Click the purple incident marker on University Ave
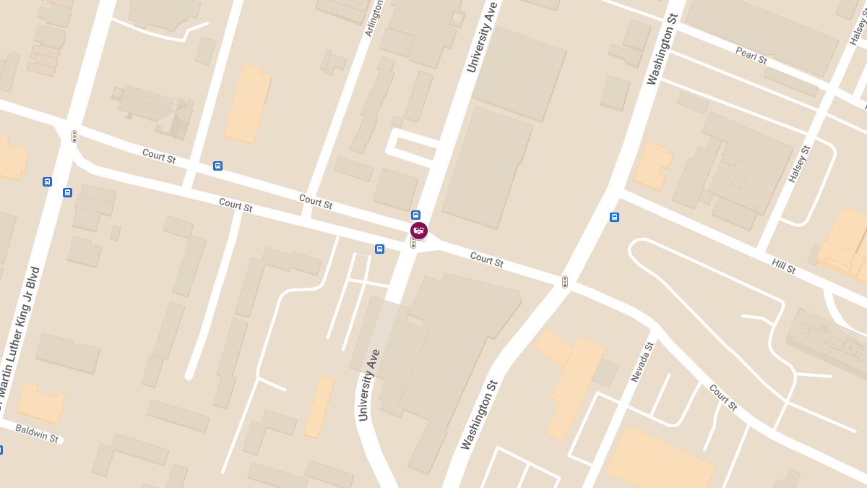click(x=419, y=231)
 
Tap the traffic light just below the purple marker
click(x=413, y=244)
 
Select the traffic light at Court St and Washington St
click(x=565, y=282)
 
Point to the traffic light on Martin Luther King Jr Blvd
click(x=74, y=136)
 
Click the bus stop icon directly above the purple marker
click(x=415, y=215)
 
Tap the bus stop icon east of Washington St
click(x=614, y=217)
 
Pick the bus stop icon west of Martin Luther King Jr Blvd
click(x=47, y=181)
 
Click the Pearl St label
click(x=751, y=55)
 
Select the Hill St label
click(x=783, y=266)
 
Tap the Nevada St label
click(x=641, y=361)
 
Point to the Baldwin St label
click(x=36, y=434)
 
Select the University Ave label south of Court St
click(x=368, y=385)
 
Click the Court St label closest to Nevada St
click(x=722, y=398)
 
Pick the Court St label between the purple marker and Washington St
click(x=486, y=259)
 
